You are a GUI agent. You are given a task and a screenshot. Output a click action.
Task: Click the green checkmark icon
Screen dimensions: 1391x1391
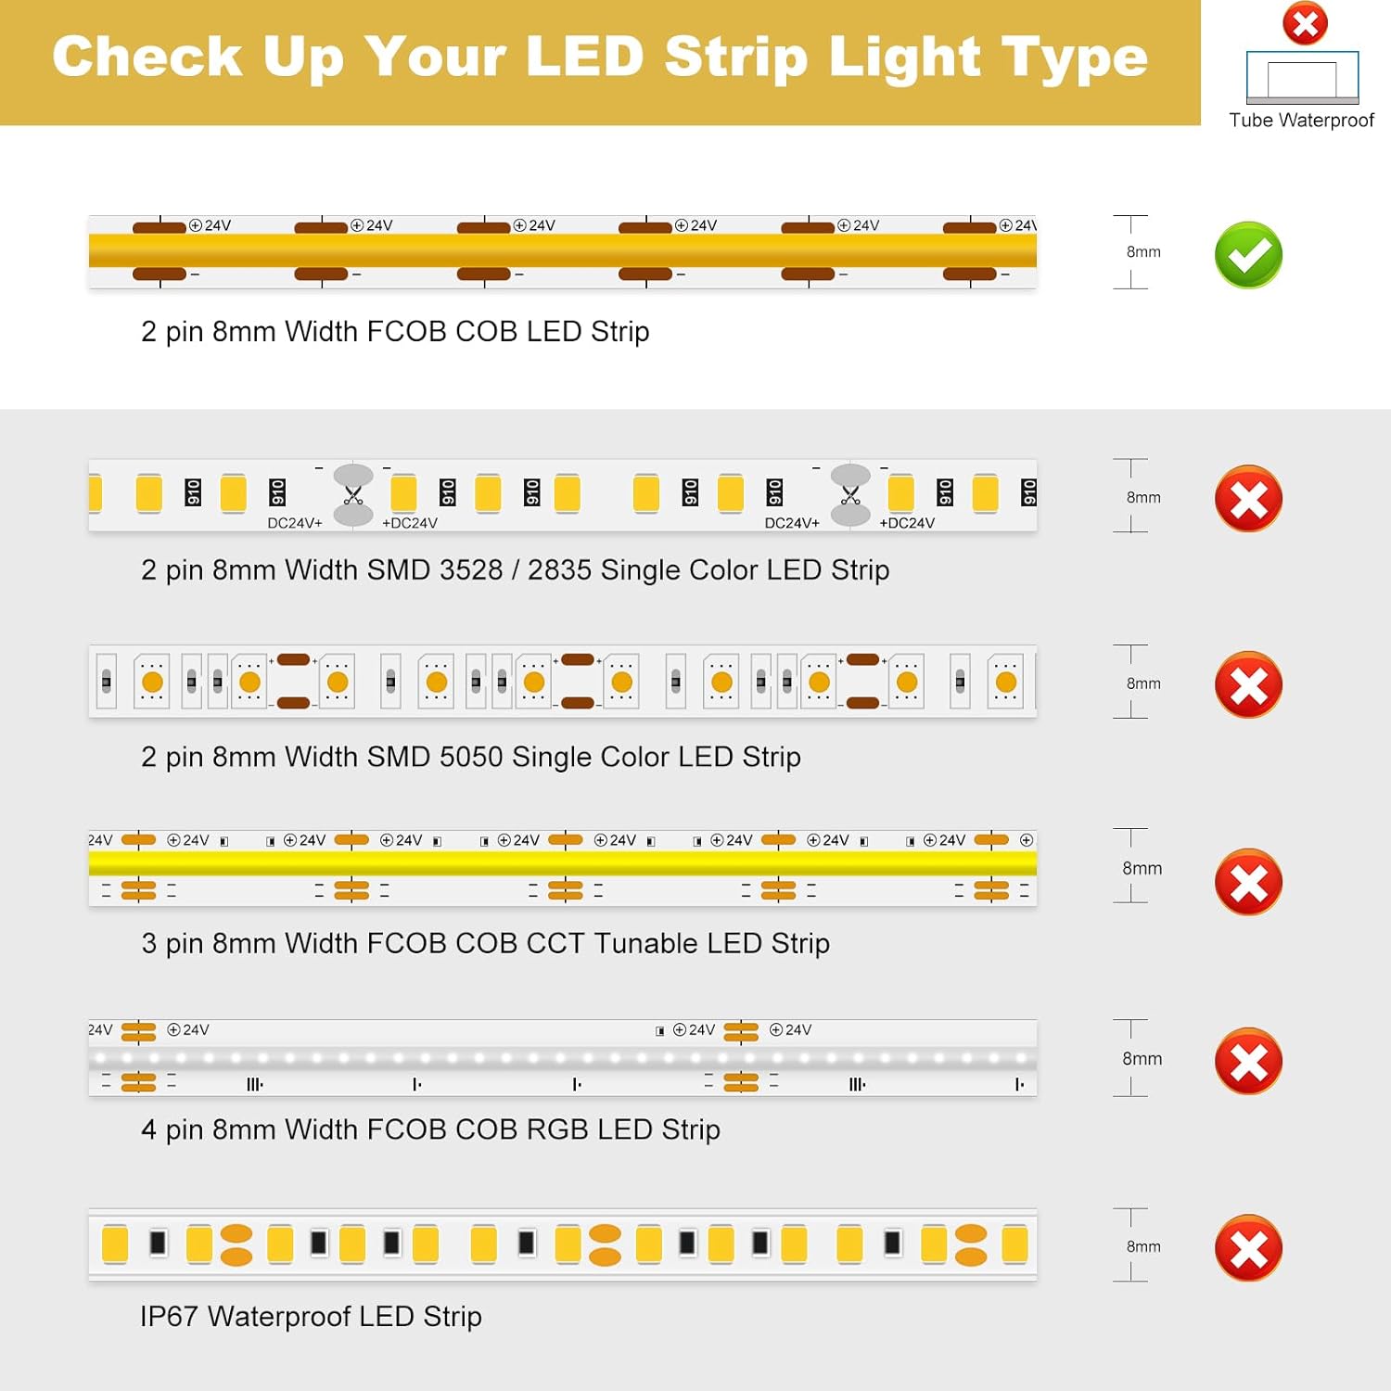pos(1248,255)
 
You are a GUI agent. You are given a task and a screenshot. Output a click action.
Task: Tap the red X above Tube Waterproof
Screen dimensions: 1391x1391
pos(1305,23)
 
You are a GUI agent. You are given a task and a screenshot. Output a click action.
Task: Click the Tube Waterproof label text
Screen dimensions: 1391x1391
pos(1301,120)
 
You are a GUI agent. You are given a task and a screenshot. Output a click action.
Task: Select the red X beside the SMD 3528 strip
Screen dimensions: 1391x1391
pos(1248,499)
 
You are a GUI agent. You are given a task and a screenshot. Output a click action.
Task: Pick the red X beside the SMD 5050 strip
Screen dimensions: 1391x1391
pos(1248,684)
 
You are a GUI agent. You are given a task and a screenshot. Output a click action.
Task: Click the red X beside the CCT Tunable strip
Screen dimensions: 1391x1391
pos(1248,881)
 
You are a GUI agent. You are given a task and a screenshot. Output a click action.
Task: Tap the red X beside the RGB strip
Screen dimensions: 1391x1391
pos(1248,1061)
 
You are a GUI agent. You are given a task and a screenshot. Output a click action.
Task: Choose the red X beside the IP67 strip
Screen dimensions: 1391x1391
pos(1248,1247)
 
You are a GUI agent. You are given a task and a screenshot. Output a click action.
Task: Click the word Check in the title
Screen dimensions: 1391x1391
pos(147,57)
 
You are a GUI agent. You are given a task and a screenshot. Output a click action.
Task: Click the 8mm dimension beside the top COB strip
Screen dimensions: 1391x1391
pos(1143,251)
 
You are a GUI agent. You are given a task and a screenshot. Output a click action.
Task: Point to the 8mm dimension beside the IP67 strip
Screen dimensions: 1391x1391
pos(1143,1246)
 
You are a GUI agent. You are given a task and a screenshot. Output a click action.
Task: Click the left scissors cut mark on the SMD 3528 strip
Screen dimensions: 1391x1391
pos(353,495)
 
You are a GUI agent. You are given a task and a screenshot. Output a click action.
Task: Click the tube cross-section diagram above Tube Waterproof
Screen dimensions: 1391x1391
pos(1303,78)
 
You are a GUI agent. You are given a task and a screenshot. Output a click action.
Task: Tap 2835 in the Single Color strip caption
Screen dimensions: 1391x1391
pos(559,569)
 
